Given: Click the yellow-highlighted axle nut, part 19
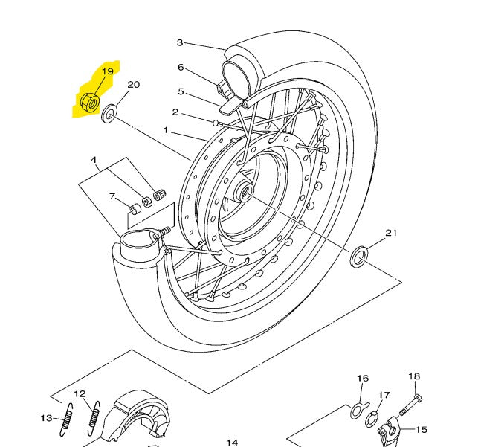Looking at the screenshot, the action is [x=90, y=102].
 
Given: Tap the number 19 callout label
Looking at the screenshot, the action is [x=107, y=71].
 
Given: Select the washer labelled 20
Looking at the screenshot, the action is [x=109, y=114].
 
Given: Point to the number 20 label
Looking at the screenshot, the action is [x=134, y=85].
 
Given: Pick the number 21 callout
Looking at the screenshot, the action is [x=392, y=233].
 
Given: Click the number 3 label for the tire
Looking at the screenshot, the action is [x=180, y=42].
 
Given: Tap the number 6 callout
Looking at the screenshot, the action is [x=181, y=67].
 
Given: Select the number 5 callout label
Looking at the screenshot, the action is [x=181, y=91].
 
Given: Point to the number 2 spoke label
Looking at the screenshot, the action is [x=175, y=112].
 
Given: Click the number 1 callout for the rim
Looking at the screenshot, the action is [x=166, y=130].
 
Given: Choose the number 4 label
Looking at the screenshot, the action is [x=94, y=160].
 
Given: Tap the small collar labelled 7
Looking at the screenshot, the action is [x=135, y=210].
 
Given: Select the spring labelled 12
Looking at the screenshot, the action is [x=94, y=418].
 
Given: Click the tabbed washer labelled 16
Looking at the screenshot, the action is [x=360, y=411].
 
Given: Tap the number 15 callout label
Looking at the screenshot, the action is [x=422, y=430].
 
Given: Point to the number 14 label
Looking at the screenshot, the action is [x=232, y=443].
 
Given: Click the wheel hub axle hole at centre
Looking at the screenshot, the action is [x=245, y=192].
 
